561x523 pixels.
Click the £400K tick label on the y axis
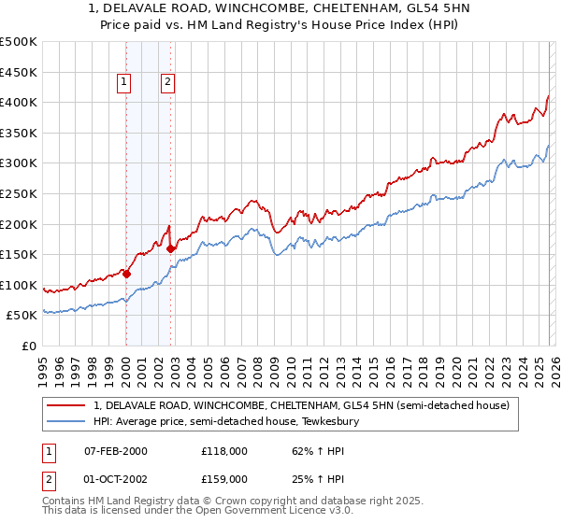point(19,102)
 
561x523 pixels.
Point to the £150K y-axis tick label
point(19,254)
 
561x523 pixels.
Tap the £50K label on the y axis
point(22,316)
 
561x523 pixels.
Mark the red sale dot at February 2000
point(126,274)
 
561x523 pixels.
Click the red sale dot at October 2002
point(170,248)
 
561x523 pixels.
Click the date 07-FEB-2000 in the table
point(115,451)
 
